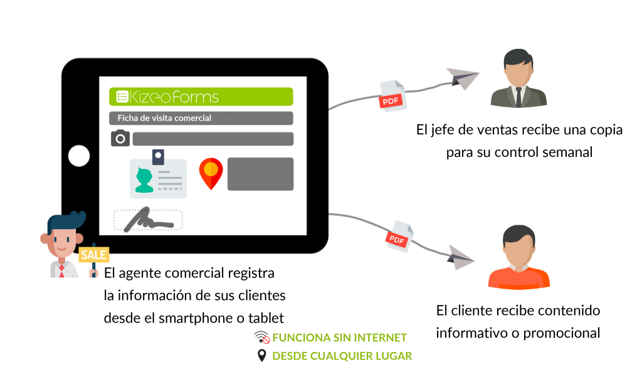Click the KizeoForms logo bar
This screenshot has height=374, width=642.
(x=201, y=97)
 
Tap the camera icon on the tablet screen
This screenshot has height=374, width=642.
(x=120, y=139)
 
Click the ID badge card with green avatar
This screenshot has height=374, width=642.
(x=158, y=178)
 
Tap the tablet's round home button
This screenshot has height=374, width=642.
(x=79, y=156)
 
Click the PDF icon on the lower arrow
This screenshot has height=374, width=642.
(x=399, y=237)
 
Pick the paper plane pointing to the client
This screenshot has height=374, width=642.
(x=462, y=259)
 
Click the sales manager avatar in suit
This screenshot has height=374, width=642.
(x=518, y=80)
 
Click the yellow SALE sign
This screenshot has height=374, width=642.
(x=93, y=255)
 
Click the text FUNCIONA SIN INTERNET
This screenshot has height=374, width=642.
(x=339, y=338)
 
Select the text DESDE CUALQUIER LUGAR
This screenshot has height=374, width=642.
(x=342, y=356)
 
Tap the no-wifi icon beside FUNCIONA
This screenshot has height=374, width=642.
(x=261, y=338)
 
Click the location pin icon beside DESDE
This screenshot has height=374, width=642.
(x=261, y=356)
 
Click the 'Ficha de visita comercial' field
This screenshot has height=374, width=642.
(x=201, y=118)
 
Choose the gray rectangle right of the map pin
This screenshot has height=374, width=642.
(x=260, y=174)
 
